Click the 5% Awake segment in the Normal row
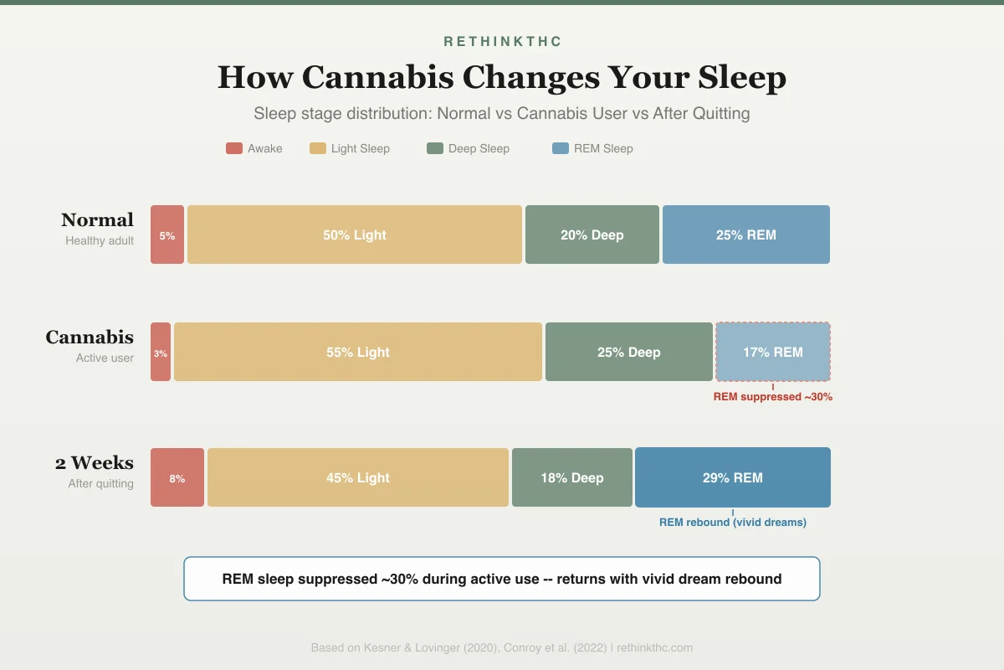coord(167,234)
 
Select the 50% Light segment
coord(355,234)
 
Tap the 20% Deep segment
coord(592,234)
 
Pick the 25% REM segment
coord(746,234)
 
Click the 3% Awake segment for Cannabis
coord(161,352)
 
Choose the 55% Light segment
coord(358,352)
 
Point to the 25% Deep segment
coord(629,352)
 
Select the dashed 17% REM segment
coord(773,352)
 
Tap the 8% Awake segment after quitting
coord(177,477)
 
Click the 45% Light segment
coord(358,477)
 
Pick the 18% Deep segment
coord(572,477)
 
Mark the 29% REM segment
coord(733,477)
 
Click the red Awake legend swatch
coord(234,148)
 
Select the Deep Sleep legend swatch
coord(435,148)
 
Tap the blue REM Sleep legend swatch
coord(561,148)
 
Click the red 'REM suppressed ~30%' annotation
coord(773,397)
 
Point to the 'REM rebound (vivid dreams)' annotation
coord(733,523)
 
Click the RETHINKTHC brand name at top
coord(502,41)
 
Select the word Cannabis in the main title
coord(378,77)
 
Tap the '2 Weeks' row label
coord(95,462)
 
